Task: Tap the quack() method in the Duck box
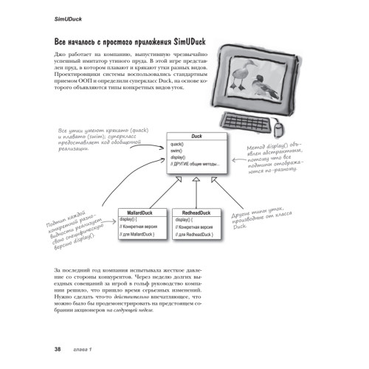(x=176, y=145)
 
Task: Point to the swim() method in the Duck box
(x=176, y=151)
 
